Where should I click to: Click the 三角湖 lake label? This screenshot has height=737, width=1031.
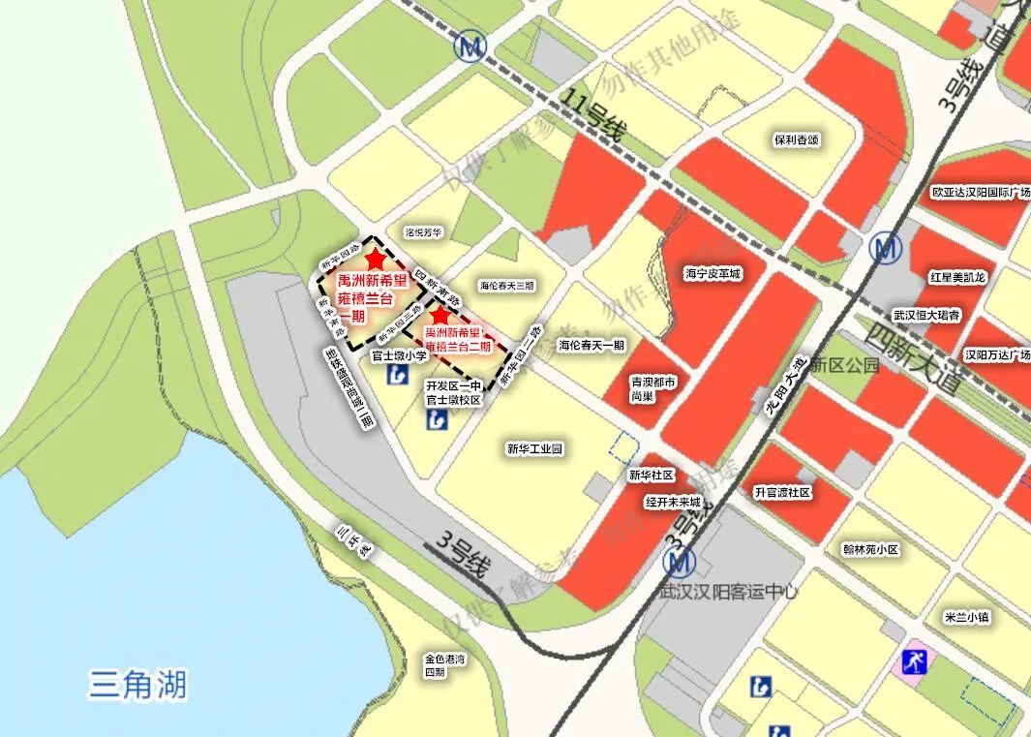point(137,685)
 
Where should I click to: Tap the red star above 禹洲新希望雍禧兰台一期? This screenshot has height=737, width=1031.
point(376,258)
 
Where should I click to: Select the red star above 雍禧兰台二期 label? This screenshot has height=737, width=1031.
point(440,315)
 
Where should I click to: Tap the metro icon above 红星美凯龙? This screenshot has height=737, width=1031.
point(885,249)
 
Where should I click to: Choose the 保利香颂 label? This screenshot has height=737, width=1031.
point(796,139)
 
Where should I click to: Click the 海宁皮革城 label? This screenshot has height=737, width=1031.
point(713,274)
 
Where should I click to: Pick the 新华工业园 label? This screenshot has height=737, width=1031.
point(534,448)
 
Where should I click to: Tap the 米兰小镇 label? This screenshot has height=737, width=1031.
point(967,617)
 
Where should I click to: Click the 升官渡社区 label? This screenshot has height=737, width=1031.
point(782,492)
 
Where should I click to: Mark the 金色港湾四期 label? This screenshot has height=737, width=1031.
point(444,665)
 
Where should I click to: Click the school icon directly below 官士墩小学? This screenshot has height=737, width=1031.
point(397,374)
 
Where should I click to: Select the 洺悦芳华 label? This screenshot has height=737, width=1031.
point(423,232)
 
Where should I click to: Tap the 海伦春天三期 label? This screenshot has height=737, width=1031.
point(507,286)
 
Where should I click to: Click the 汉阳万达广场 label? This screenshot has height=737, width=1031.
point(996,355)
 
